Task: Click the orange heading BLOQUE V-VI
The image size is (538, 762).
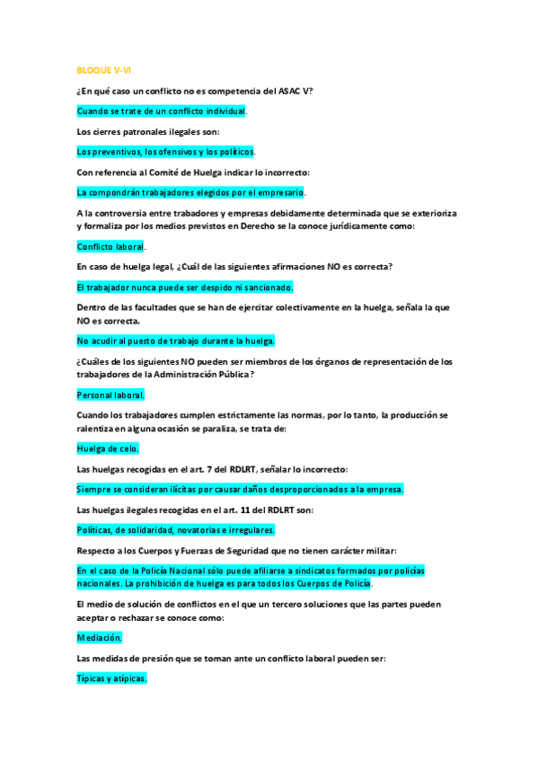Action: tap(104, 69)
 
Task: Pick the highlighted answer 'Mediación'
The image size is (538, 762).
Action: tap(99, 637)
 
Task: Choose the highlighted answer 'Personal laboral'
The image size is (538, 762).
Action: tap(110, 394)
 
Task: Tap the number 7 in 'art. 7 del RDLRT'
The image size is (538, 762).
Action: tap(212, 469)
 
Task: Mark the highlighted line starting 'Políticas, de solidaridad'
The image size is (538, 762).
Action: tap(175, 530)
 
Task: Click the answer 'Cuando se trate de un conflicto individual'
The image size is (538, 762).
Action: tap(161, 111)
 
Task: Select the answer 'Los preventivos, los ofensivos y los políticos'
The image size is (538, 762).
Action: tap(165, 152)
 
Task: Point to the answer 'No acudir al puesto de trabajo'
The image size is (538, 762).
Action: tap(175, 341)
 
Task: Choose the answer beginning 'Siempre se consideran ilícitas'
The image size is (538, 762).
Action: tap(240, 489)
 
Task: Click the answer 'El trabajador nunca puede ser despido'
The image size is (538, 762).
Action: tap(184, 287)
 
